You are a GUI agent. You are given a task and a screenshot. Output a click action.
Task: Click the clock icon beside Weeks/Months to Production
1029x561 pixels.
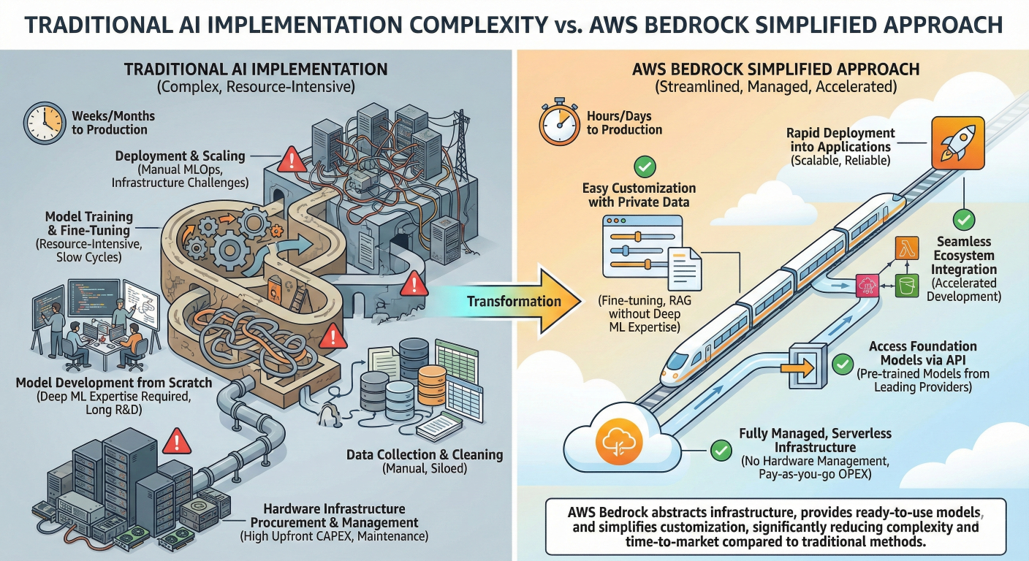click(x=43, y=122)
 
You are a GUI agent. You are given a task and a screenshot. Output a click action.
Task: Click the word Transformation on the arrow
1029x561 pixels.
click(x=514, y=301)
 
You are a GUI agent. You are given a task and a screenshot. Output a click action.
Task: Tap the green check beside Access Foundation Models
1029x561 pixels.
click(x=843, y=362)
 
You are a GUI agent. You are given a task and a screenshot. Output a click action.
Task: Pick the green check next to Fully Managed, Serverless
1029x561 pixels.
click(x=721, y=449)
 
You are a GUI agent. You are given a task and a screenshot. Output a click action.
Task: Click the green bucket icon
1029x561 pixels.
click(x=906, y=286)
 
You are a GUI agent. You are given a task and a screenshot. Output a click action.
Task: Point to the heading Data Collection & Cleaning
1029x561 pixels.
click(x=425, y=455)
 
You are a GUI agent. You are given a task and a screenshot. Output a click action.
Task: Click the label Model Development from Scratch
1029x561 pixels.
click(x=114, y=383)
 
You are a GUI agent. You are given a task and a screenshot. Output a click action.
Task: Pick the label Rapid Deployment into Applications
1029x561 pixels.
click(x=840, y=140)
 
